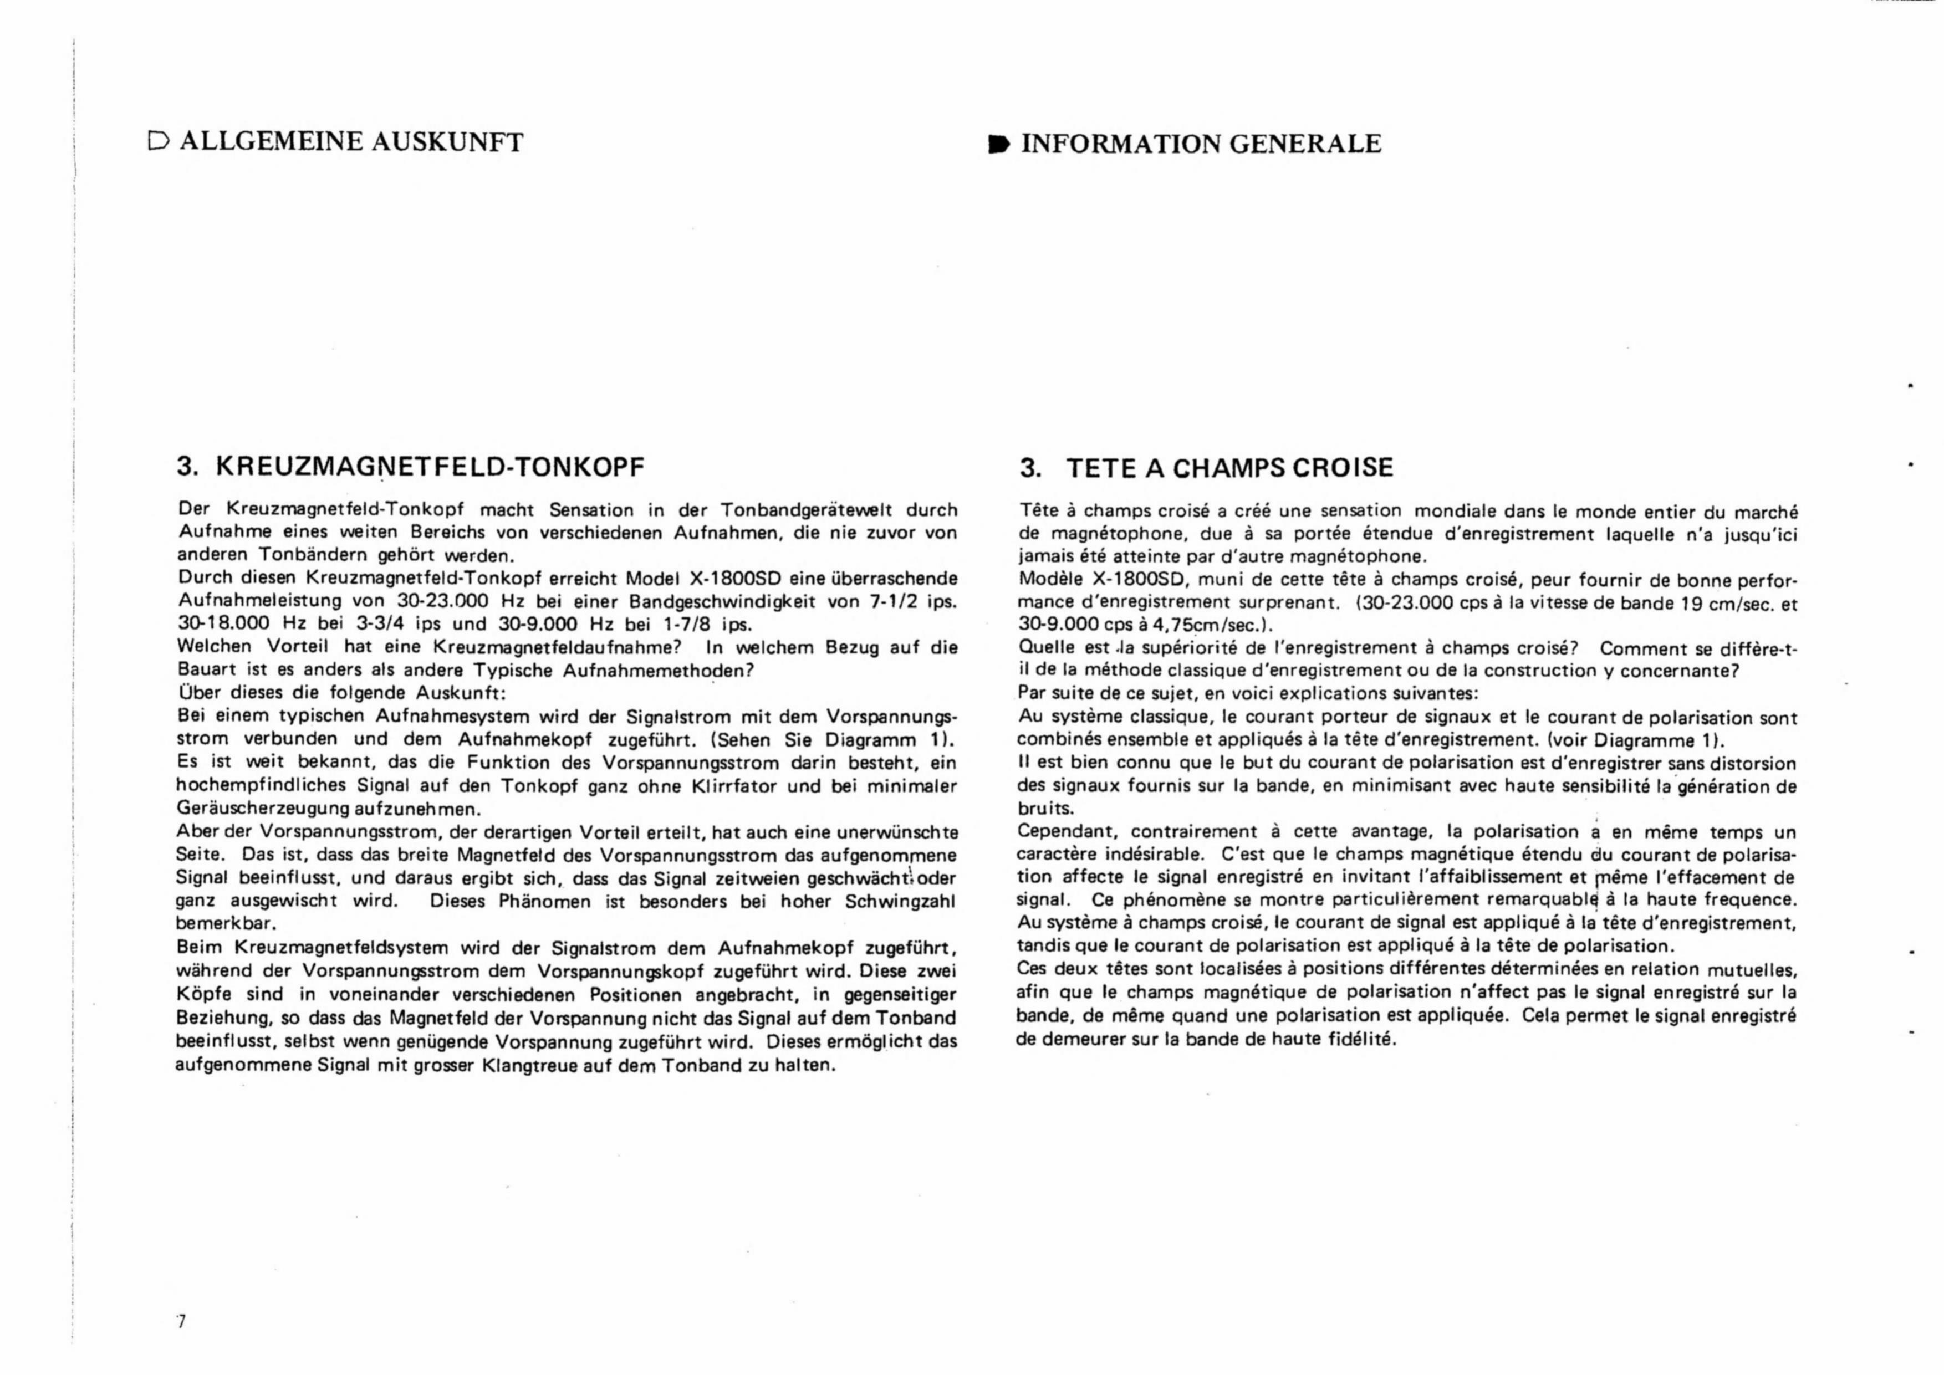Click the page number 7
(180, 1322)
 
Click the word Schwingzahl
(900, 901)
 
